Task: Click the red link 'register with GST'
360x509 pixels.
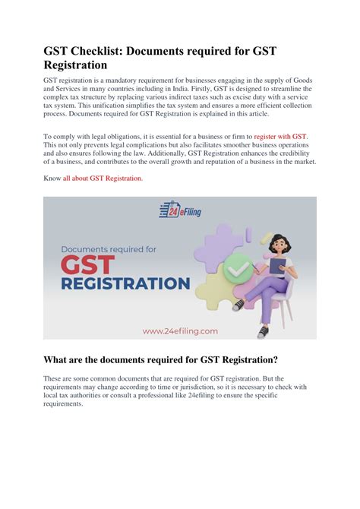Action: (x=280, y=135)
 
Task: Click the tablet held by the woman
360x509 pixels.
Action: (x=278, y=266)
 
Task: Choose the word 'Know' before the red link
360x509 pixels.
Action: (x=52, y=178)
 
